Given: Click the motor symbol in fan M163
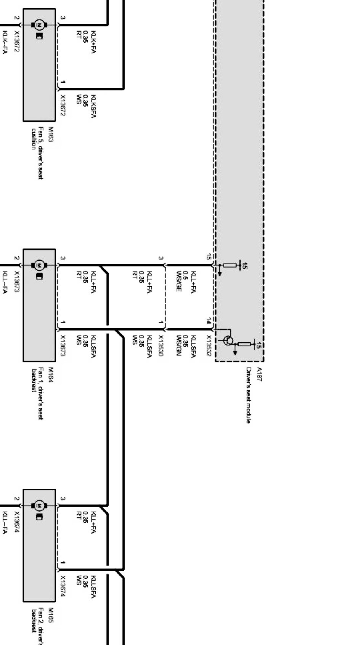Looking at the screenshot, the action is click(39, 25).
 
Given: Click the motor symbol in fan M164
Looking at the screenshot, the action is click(39, 265).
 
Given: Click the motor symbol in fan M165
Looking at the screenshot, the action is click(39, 505).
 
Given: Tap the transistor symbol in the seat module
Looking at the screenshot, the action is click(228, 340).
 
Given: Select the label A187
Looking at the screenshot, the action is click(260, 374).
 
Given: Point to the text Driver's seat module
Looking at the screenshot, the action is click(248, 395).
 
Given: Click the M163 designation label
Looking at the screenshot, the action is click(51, 135).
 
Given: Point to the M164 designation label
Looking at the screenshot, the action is click(51, 375).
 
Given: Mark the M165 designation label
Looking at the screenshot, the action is click(51, 615).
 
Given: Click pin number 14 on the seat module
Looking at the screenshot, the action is click(209, 321).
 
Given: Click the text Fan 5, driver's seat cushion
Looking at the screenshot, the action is click(37, 152).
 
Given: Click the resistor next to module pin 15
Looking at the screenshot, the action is click(230, 265).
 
